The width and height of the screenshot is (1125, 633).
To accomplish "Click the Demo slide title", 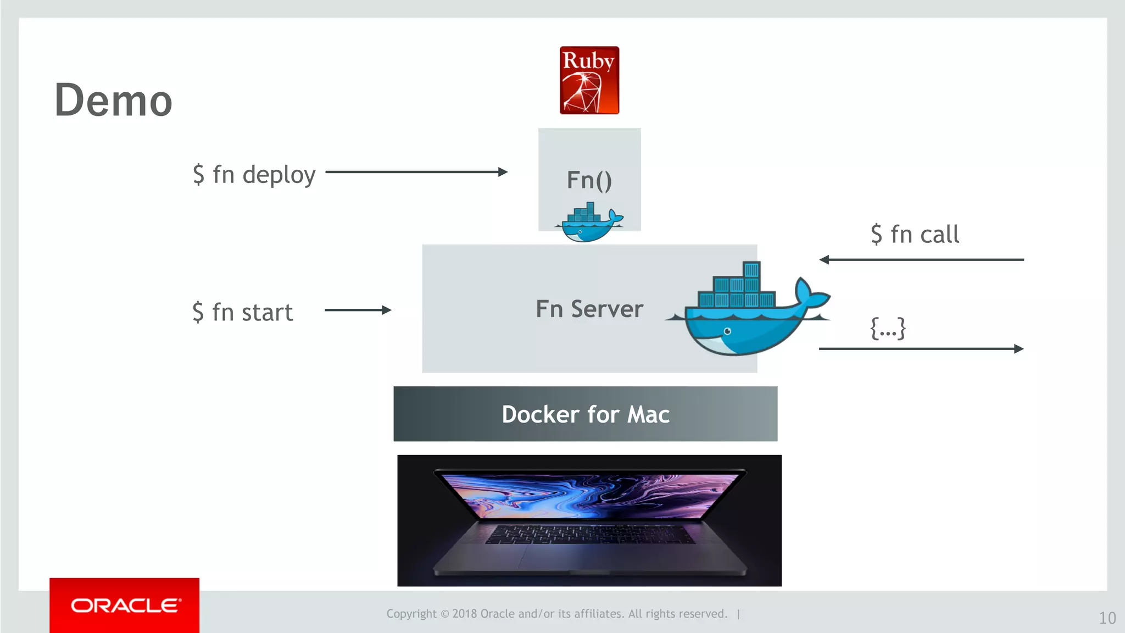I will [x=114, y=100].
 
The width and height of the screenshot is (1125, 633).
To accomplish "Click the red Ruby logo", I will [x=589, y=80].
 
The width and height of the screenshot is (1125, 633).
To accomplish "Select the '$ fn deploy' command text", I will [x=254, y=175].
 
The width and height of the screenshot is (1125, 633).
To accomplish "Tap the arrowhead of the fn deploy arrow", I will [x=502, y=172].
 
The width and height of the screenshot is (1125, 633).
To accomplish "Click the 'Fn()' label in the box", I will [x=589, y=180].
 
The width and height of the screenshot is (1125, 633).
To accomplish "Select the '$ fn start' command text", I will [x=243, y=312].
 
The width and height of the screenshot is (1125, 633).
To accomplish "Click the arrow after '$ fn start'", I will [x=358, y=310].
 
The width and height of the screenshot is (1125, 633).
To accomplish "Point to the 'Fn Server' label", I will [x=589, y=309].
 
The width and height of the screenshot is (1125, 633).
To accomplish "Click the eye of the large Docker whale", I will [x=727, y=331].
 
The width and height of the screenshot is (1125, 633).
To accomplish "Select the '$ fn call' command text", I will [x=915, y=235].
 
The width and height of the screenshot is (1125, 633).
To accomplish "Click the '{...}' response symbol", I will [x=888, y=328].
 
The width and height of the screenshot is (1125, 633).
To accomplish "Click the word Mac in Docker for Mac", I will [x=648, y=414].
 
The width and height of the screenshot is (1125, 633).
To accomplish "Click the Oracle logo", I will [x=125, y=606].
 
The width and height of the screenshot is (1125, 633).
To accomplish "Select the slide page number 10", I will [x=1107, y=618].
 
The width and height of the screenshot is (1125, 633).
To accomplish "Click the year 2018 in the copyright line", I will [x=465, y=614].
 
